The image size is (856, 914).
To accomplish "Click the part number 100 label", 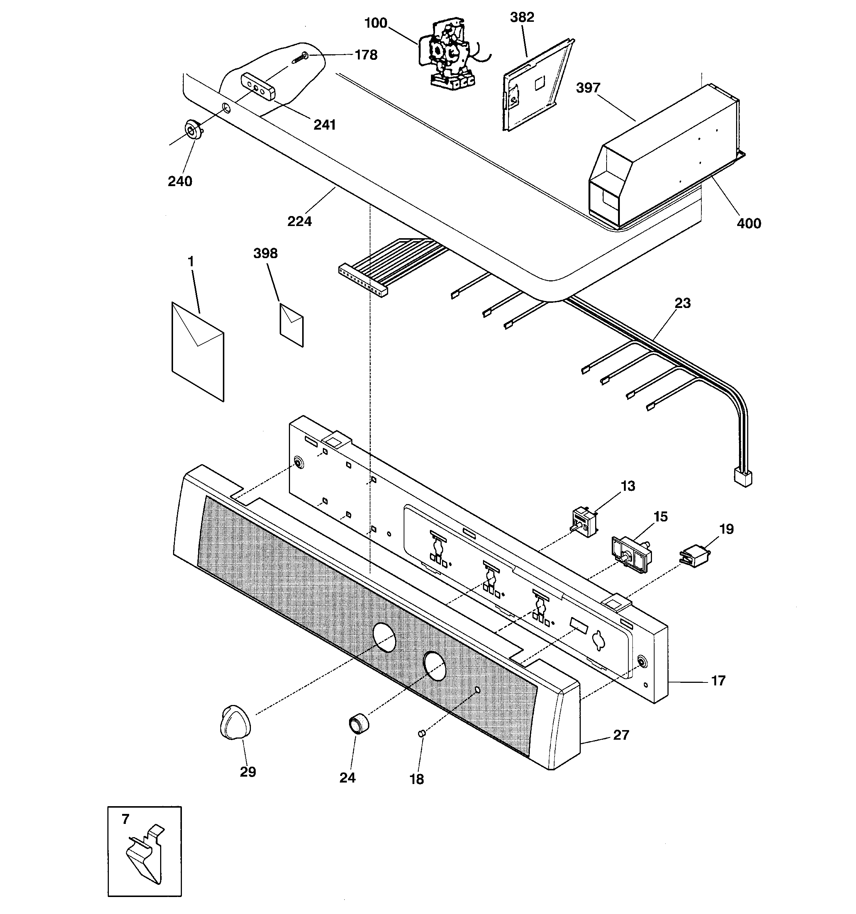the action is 376,23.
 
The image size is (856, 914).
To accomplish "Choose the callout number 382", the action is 522,17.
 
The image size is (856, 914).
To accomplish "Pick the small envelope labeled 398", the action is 292,324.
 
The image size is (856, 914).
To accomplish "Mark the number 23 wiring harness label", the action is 683,304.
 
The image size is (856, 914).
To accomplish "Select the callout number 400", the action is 749,223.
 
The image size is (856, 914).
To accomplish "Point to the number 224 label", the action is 300,222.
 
